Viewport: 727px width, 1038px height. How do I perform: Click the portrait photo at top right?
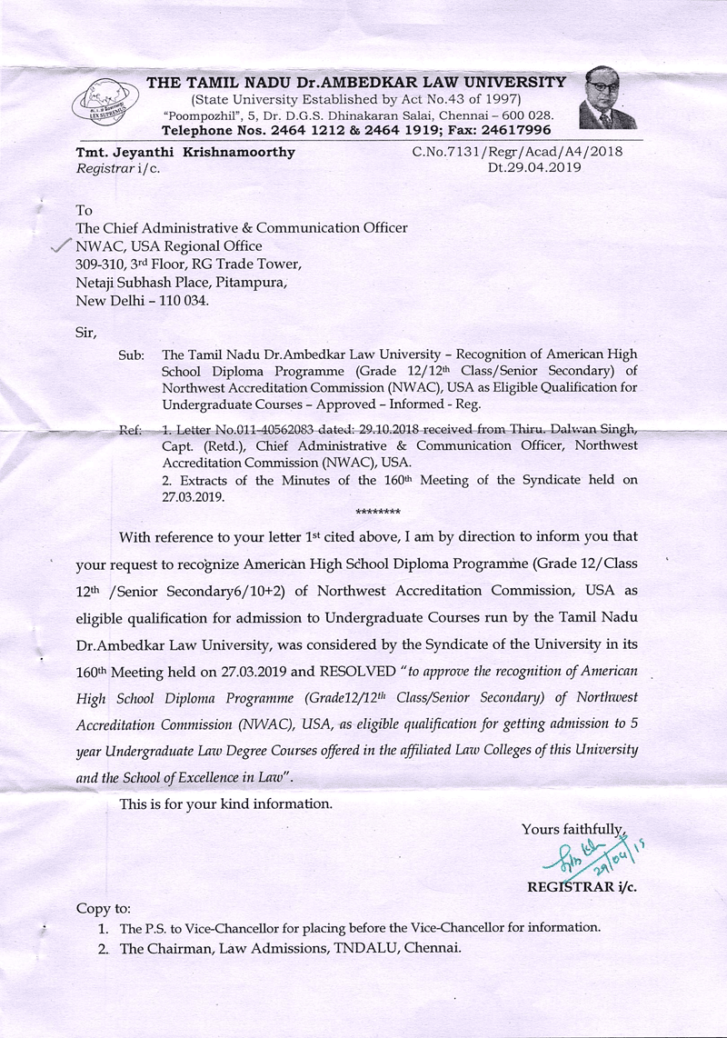point(607,98)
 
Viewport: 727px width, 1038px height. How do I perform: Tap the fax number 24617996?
point(519,130)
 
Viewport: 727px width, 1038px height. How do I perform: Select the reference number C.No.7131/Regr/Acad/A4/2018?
point(517,152)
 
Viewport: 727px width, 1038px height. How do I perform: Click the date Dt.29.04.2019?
point(534,167)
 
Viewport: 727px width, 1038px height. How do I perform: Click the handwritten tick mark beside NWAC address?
point(61,246)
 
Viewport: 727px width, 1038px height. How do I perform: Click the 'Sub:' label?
point(132,354)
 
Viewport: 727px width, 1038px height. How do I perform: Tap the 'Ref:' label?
point(131,430)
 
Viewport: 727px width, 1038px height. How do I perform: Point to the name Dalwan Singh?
point(596,430)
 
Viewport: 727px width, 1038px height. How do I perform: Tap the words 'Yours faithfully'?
point(571,828)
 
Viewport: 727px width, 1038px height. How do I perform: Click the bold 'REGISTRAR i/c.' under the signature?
point(581,887)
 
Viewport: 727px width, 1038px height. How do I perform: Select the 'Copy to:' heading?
point(104,908)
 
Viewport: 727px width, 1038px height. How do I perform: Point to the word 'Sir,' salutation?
point(85,332)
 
